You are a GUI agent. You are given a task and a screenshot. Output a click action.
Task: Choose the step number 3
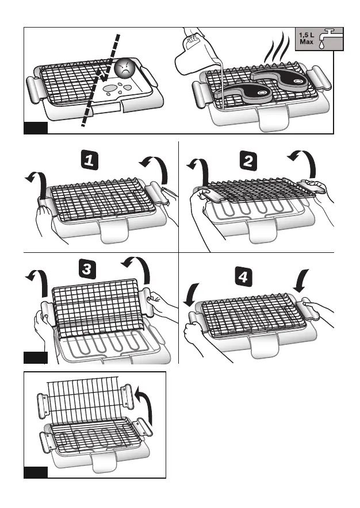(85, 269)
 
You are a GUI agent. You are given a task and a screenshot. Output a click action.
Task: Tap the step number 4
(244, 277)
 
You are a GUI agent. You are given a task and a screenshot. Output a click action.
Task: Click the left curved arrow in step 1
(37, 182)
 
